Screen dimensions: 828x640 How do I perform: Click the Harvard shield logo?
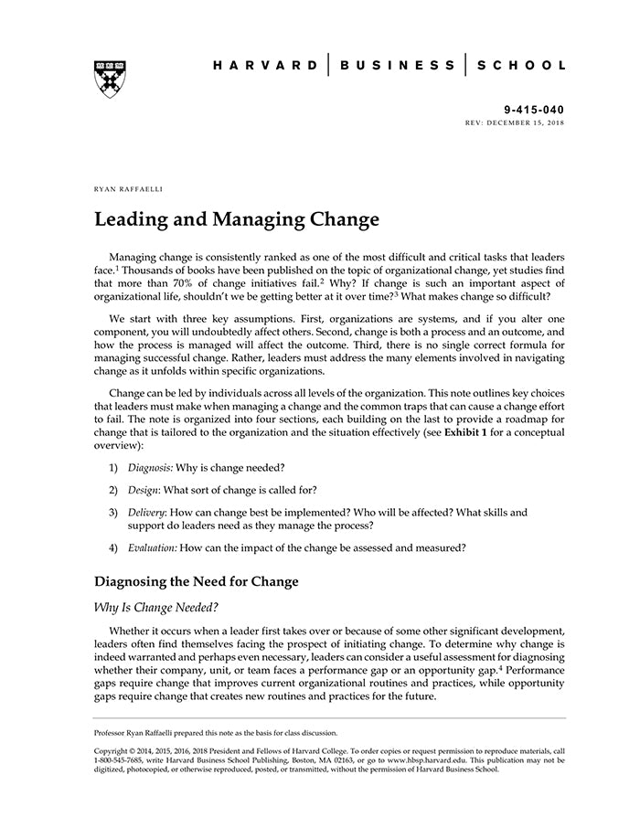tap(109, 80)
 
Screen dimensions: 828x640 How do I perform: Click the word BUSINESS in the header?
tap(396, 65)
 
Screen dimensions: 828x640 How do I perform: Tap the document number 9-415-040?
tap(534, 109)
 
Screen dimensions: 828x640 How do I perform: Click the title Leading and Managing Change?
tap(236, 220)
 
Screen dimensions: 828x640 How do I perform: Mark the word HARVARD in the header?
tap(266, 65)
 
